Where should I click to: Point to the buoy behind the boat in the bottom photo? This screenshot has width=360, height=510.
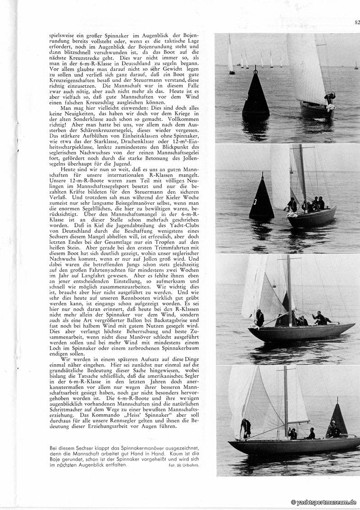(x=337, y=420)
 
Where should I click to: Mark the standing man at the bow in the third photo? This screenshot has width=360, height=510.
(x=260, y=318)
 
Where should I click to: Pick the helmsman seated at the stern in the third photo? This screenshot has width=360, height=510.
(x=321, y=319)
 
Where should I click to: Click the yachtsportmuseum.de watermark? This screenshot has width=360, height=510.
(x=324, y=502)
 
